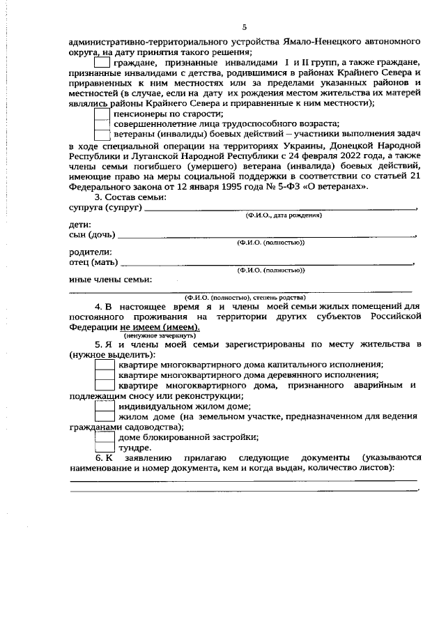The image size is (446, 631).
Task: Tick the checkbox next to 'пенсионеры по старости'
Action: (102, 113)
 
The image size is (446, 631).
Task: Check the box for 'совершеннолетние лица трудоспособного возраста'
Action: (102, 123)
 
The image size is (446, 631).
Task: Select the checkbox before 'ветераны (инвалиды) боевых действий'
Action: (102, 135)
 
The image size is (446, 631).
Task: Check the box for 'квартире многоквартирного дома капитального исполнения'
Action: (104, 364)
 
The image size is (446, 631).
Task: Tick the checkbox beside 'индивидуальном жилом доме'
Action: (104, 406)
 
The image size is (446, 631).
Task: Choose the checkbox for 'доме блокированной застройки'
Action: (104, 437)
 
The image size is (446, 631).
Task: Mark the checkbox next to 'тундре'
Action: (104, 447)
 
